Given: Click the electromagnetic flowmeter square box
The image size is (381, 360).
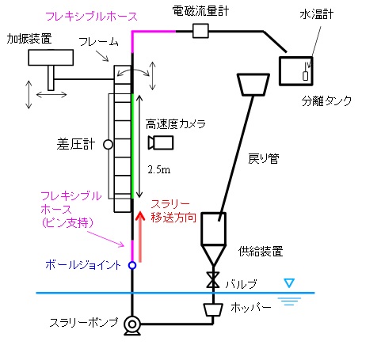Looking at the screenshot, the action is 200,31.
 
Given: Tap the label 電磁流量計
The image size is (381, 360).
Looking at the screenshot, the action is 200,11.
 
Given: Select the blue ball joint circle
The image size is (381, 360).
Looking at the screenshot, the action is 132,265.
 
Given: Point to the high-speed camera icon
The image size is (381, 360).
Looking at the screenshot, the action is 160,142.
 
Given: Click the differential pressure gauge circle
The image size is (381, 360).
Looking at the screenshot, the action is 108,145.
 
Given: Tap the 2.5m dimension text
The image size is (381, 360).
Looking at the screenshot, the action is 159,169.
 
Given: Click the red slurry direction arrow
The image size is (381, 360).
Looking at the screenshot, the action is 140,237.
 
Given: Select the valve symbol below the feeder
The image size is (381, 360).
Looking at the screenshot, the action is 213,280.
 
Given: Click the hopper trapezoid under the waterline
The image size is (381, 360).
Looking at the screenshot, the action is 213,309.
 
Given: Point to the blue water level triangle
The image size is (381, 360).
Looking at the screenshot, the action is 289,283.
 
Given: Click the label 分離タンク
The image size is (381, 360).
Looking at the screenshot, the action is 326,100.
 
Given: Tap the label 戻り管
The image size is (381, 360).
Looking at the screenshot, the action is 264,158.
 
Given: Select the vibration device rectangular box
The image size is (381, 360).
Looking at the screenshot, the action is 51,57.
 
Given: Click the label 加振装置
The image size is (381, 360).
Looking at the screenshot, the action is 29,39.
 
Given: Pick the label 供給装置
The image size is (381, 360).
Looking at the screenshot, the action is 261,252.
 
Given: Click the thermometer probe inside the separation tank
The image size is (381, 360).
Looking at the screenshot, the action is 306,75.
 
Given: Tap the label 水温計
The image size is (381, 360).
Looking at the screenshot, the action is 317,14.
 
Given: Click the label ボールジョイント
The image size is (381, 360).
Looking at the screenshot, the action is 83,265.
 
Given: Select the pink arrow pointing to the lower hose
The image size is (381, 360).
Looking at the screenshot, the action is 105,239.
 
